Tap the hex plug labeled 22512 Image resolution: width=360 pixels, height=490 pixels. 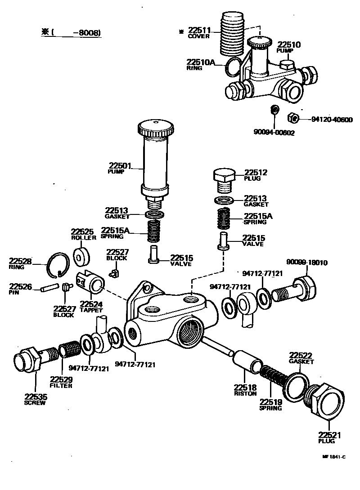click(x=223, y=178)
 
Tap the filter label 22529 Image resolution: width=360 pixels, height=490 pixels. click(x=61, y=379)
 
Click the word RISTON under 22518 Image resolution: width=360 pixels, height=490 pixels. click(x=245, y=393)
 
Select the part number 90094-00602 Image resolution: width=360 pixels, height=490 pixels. click(x=274, y=133)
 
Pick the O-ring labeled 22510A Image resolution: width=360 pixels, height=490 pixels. click(x=233, y=67)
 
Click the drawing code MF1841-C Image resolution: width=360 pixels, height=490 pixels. click(x=333, y=457)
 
